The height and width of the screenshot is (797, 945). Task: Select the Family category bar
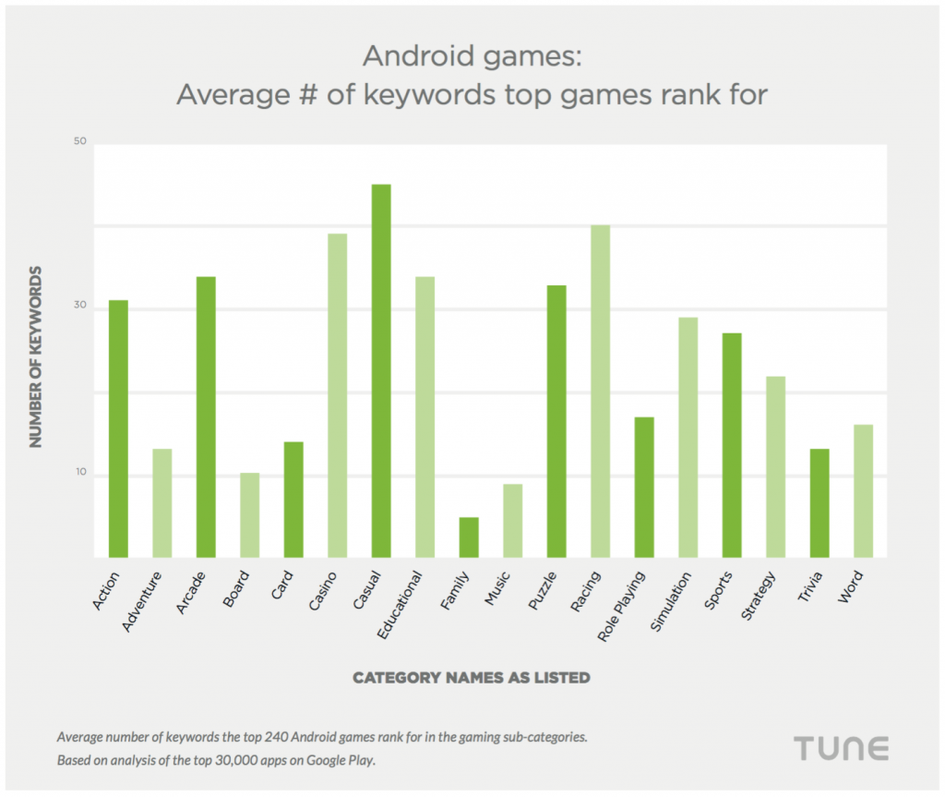tap(469, 537)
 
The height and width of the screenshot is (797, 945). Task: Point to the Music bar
tap(512, 521)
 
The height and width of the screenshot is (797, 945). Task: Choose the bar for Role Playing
tap(644, 488)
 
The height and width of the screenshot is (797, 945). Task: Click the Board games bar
tap(249, 515)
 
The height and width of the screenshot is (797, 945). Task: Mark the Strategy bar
tap(775, 467)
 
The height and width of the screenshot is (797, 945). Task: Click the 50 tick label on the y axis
tap(79, 141)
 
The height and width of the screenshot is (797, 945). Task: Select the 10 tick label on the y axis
tap(79, 473)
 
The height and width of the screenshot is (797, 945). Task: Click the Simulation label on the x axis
tap(671, 601)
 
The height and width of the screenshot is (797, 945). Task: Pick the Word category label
tap(851, 587)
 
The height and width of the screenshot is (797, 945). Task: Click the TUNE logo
tap(841, 747)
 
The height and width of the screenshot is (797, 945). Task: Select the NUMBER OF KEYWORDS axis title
tap(36, 356)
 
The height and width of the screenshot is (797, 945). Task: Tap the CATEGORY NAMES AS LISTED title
tap(471, 678)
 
